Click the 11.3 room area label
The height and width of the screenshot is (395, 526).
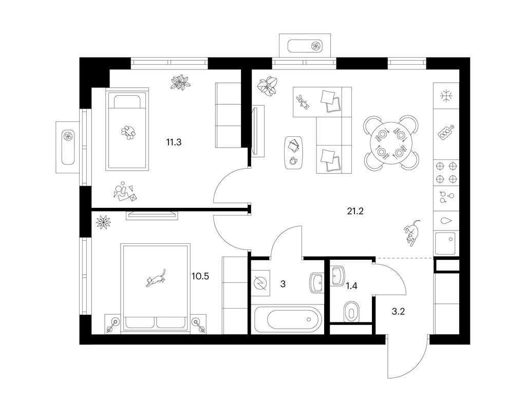(x=174, y=142)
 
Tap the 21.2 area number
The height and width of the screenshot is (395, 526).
(x=355, y=211)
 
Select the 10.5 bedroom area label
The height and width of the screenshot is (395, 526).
(x=200, y=276)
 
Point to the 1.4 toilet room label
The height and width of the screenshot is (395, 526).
(x=351, y=286)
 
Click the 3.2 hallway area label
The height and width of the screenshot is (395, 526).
(x=398, y=312)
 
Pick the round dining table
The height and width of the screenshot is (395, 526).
(x=391, y=142)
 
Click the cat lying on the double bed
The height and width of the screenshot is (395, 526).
(x=156, y=278)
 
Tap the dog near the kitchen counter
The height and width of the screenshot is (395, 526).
(x=412, y=233)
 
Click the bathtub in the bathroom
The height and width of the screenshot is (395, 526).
(x=287, y=319)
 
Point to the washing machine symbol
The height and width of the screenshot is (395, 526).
(x=260, y=283)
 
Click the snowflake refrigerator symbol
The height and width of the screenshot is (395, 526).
(x=446, y=96)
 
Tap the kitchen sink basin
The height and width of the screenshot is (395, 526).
(x=445, y=243)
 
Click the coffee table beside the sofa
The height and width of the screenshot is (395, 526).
(x=294, y=152)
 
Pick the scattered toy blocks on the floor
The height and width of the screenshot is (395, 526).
(x=124, y=192)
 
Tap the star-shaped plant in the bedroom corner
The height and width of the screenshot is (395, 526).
(x=103, y=222)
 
